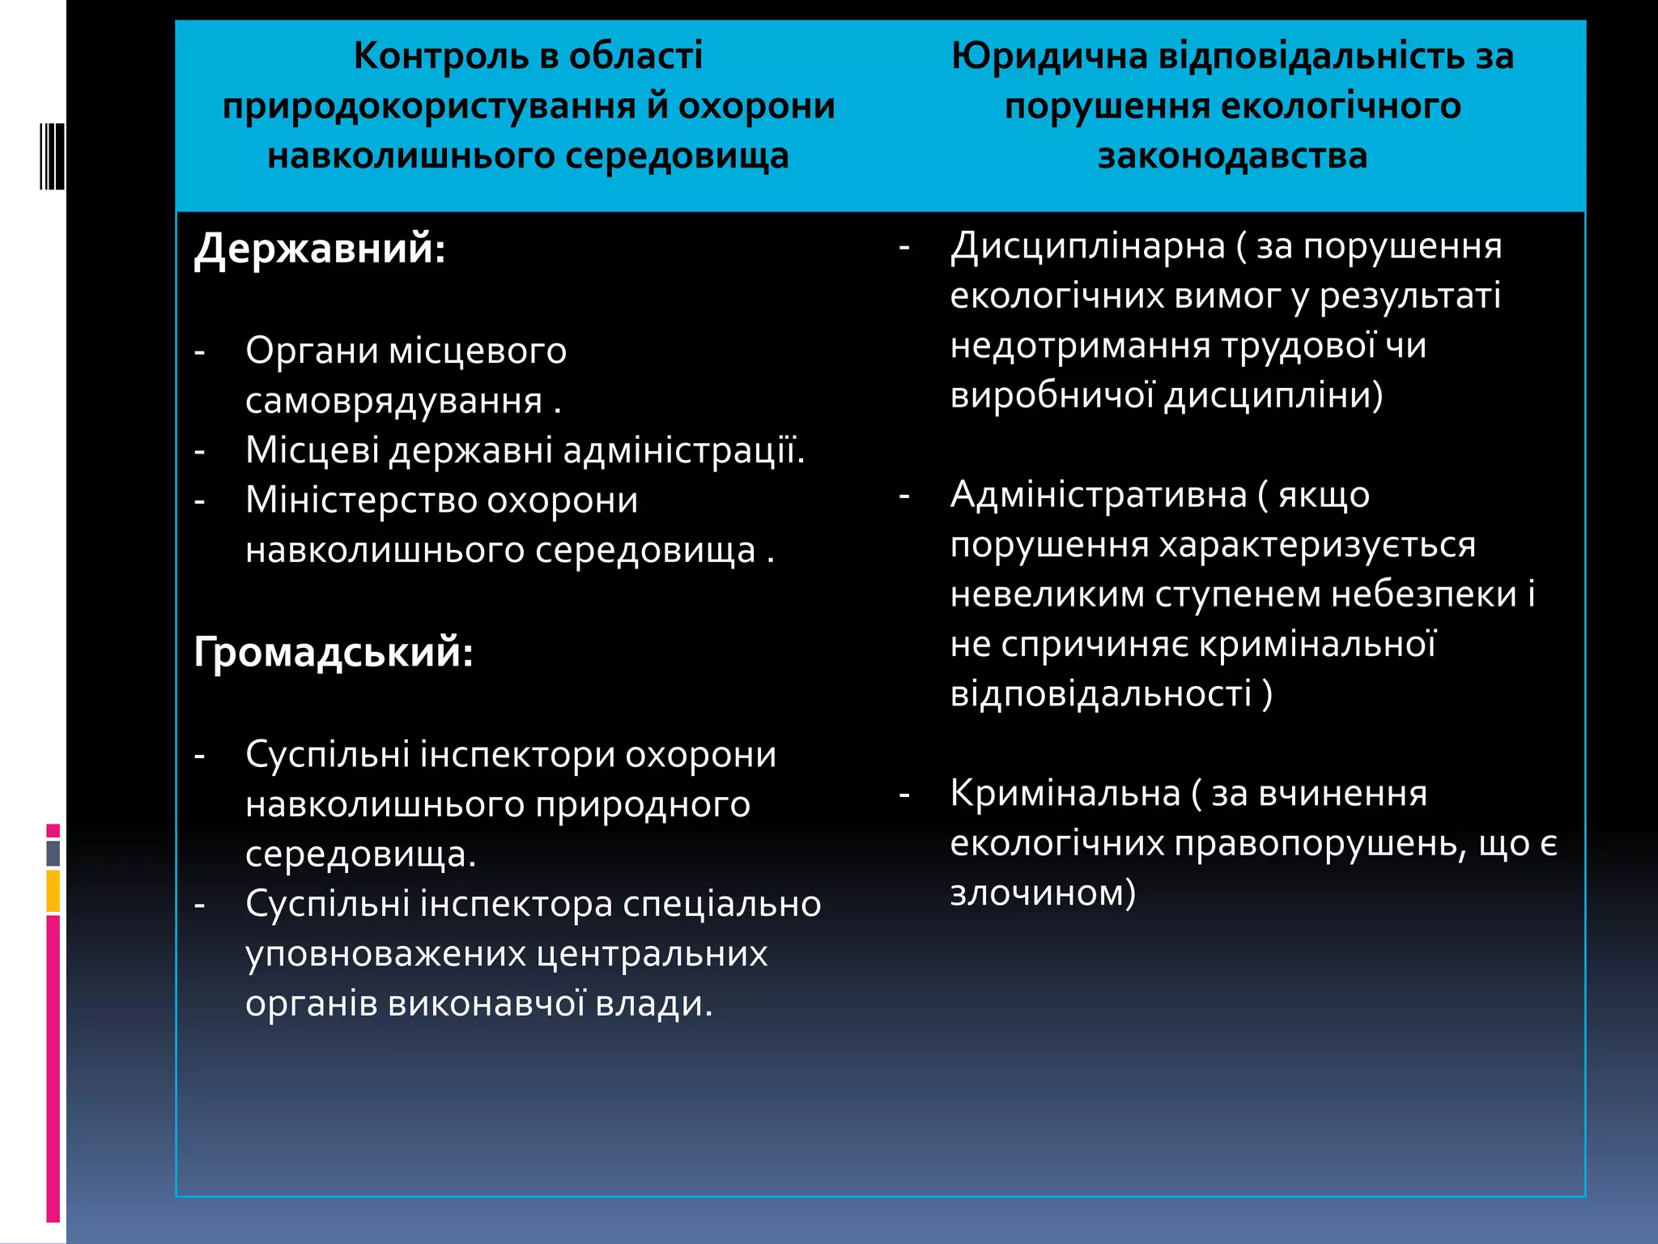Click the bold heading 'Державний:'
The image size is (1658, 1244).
pos(320,248)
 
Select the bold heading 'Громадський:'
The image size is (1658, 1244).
pos(334,651)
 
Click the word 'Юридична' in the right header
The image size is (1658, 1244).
pos(1049,56)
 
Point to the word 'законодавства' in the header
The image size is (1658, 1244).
pos(1232,155)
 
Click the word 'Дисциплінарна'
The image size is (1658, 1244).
pos(1088,245)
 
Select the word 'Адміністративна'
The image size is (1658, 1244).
pos(1099,494)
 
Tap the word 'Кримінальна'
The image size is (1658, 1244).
pos(1065,793)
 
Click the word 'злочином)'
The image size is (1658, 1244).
pos(1043,893)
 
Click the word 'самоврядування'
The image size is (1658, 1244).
pos(394,401)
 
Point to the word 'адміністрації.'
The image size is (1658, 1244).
pos(684,450)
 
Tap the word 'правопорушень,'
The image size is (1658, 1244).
pos(1321,844)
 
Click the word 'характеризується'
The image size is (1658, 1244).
pos(1317,544)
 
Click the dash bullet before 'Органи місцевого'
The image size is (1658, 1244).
pos(199,351)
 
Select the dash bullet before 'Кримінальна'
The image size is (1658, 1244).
pos(904,795)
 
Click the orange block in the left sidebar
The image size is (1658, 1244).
pos(53,891)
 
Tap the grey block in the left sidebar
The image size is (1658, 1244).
pos(53,853)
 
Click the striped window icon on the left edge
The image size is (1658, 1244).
pos(52,155)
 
